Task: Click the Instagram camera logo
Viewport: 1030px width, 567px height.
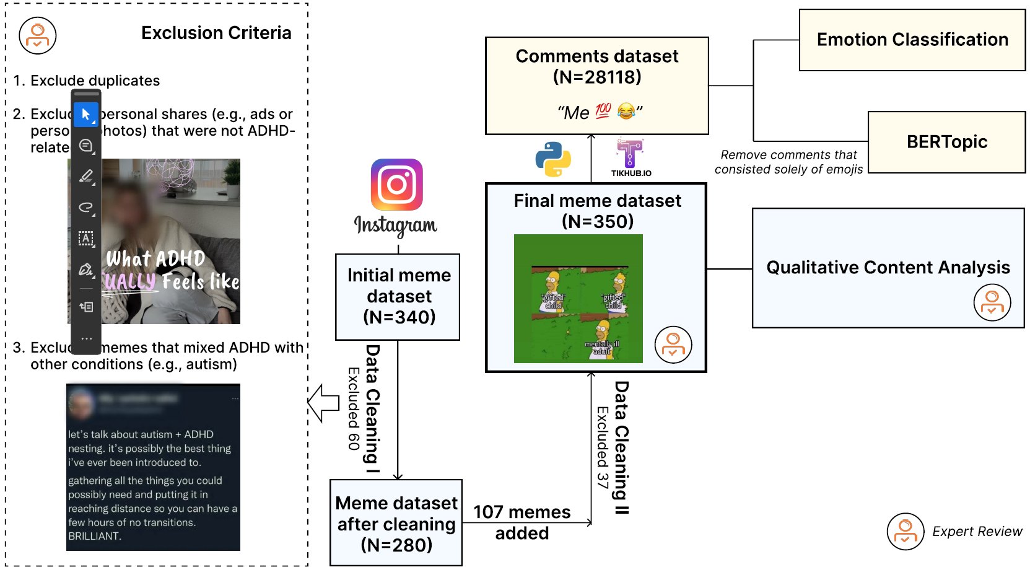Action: pos(396,185)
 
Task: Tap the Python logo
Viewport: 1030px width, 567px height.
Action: pos(553,159)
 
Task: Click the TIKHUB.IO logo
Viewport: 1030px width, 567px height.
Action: pos(631,154)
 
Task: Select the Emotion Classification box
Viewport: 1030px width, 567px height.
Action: pos(912,40)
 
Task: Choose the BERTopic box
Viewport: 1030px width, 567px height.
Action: pos(946,142)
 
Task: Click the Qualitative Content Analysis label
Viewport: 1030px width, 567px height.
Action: pos(888,267)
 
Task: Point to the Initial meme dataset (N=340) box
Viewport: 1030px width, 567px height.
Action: pos(398,296)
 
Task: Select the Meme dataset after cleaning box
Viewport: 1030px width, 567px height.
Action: pos(396,523)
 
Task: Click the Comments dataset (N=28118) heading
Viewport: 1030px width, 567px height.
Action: pos(596,66)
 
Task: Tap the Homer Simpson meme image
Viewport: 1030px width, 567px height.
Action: pos(578,299)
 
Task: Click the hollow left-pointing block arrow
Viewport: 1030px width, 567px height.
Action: pos(323,403)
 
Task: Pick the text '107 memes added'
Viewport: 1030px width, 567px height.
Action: pos(522,522)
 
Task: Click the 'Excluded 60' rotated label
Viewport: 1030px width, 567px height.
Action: pos(354,408)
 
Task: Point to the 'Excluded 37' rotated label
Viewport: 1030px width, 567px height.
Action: pos(602,447)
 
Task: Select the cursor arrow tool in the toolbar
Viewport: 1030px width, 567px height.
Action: pos(86,115)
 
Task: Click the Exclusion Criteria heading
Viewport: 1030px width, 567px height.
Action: pos(216,33)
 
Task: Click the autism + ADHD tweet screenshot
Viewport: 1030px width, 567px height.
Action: pos(153,467)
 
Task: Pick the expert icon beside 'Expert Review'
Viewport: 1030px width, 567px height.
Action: pos(905,531)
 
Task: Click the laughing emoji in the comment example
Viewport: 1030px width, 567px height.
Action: pos(626,111)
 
